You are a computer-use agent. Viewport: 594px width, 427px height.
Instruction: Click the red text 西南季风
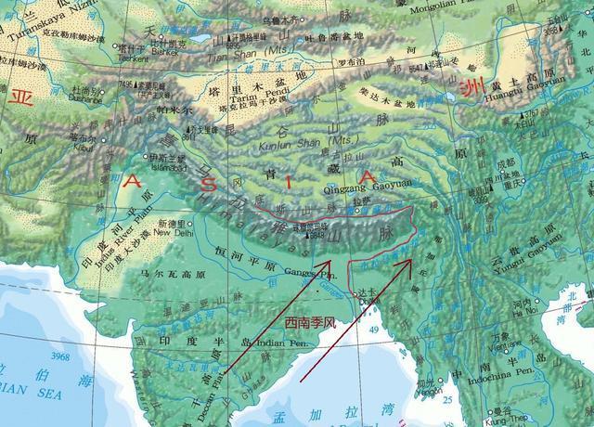[x=307, y=321]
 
